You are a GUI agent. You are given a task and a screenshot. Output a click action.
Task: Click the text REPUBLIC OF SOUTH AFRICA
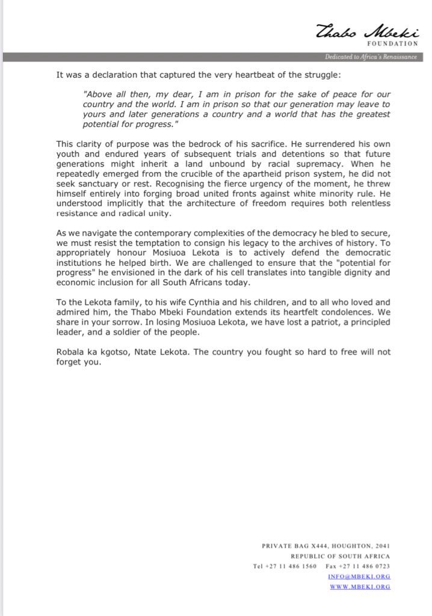340,556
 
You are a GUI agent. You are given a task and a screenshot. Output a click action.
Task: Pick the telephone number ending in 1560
285,566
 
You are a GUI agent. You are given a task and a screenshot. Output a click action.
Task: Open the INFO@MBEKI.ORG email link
359,576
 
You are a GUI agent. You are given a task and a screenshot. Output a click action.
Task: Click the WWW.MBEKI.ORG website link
360,587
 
